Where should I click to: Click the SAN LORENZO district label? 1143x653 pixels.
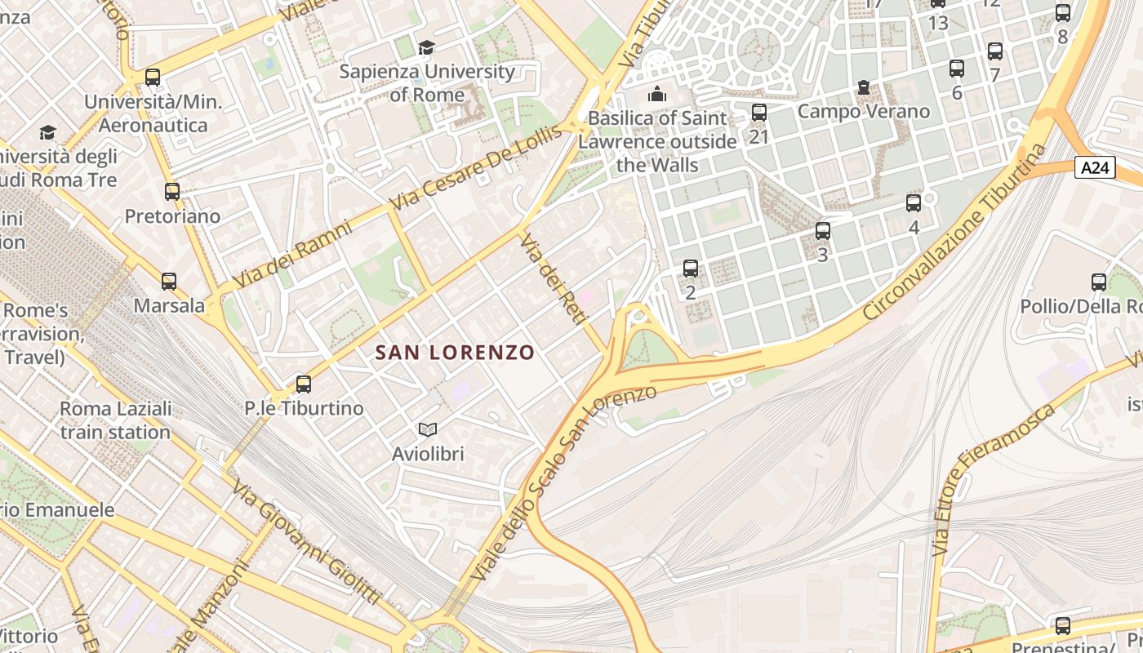pos(455,353)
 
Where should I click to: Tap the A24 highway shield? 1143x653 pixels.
pos(1095,167)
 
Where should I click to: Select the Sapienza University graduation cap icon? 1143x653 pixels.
pos(426,48)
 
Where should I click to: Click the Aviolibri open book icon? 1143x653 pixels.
pos(428,429)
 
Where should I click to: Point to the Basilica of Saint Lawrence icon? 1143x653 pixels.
pos(657,95)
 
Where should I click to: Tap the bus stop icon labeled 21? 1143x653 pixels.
pos(759,113)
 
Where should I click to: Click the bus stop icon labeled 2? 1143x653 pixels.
pos(691,268)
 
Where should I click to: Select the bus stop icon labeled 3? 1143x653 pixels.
pos(823,231)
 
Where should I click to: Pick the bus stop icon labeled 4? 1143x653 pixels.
pos(914,203)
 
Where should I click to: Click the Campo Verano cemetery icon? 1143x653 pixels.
pos(864,87)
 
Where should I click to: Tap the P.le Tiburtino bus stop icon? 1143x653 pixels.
pos(304,384)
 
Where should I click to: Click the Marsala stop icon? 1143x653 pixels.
pos(169,282)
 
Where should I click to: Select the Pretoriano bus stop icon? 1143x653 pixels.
pos(172,192)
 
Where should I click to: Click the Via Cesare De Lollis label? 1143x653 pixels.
pos(476,167)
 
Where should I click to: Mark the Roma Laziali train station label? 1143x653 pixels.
pos(115,420)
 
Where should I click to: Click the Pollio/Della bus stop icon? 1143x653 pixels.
pos(1099,282)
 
